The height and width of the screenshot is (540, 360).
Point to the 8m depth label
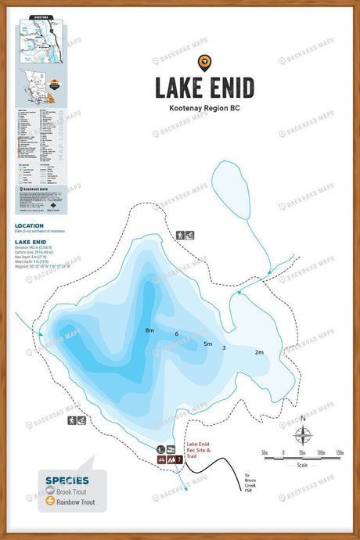(x=149, y=331)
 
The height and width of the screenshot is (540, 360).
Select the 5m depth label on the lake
(x=207, y=344)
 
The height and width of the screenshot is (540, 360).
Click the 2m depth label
(x=259, y=352)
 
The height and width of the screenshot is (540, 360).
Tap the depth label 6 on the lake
(x=177, y=334)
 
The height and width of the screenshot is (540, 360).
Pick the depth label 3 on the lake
(x=224, y=347)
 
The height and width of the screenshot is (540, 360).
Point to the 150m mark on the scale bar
(x=339, y=453)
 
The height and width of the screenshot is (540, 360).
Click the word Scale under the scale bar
(x=303, y=466)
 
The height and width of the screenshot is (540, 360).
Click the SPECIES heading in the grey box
(x=67, y=480)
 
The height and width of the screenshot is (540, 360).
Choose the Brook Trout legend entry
(x=71, y=491)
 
